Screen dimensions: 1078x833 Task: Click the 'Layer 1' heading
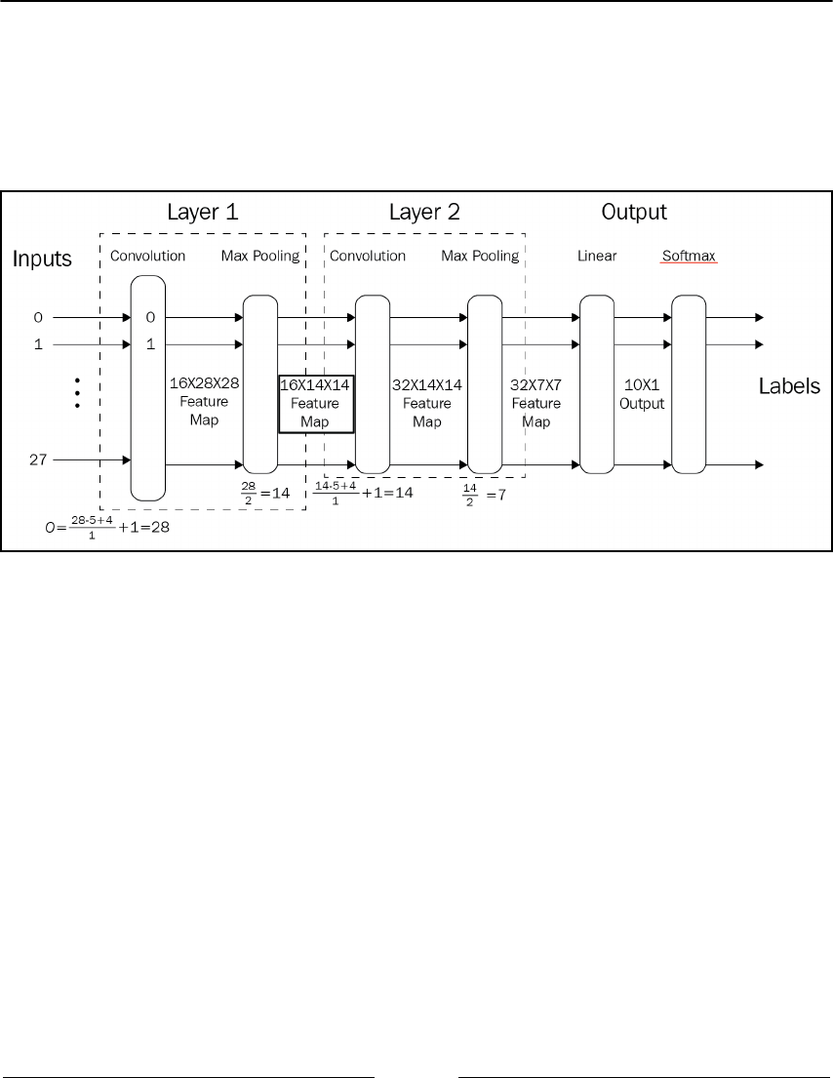point(203,212)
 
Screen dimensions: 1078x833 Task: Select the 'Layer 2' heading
point(424,212)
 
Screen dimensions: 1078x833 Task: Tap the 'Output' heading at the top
point(634,212)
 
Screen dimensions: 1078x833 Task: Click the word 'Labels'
point(790,387)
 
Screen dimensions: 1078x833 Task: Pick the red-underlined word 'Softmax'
point(689,257)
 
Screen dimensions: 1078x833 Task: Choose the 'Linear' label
point(597,257)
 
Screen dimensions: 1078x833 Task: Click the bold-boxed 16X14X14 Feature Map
point(314,403)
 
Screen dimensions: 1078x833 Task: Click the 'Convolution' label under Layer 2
point(368,257)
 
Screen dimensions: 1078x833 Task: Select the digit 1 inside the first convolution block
point(150,344)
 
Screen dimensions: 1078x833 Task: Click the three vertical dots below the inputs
point(76,391)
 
